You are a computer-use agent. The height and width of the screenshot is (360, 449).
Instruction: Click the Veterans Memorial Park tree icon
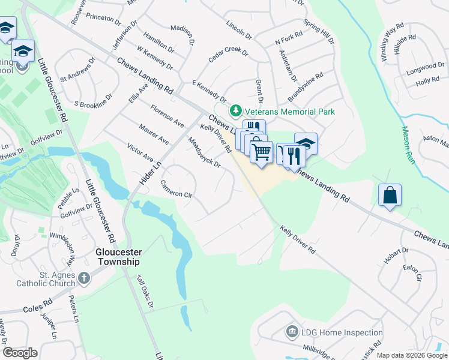pos(236,111)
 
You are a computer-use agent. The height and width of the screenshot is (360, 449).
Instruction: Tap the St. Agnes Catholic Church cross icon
pos(84,278)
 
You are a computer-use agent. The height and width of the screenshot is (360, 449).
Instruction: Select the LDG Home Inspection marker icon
pos(292,332)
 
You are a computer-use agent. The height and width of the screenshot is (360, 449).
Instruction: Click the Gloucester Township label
pos(118,257)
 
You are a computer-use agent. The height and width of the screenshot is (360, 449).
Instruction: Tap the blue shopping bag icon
pos(390,195)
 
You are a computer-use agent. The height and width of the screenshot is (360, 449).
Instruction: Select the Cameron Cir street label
pos(175,190)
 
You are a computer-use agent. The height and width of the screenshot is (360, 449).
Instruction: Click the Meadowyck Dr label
pos(204,152)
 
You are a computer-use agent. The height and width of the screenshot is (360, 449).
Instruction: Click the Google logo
pos(20,353)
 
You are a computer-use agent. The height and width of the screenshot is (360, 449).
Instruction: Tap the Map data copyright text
pos(411,355)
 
